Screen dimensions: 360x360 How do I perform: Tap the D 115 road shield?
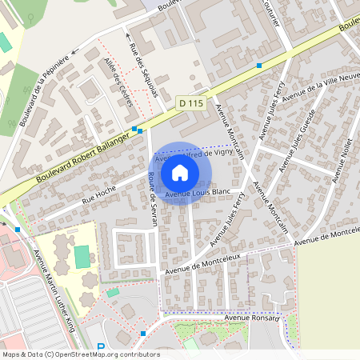click(190, 102)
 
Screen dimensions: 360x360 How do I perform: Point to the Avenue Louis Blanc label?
click(198, 193)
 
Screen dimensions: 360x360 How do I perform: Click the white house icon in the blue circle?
click(180, 172)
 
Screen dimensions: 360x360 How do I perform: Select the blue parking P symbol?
click(101, 348)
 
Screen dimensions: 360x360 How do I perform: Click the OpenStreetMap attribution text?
click(81, 354)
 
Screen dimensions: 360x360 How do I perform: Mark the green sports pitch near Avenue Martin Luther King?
click(82, 257)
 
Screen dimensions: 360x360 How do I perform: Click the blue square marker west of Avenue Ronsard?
click(142, 333)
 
